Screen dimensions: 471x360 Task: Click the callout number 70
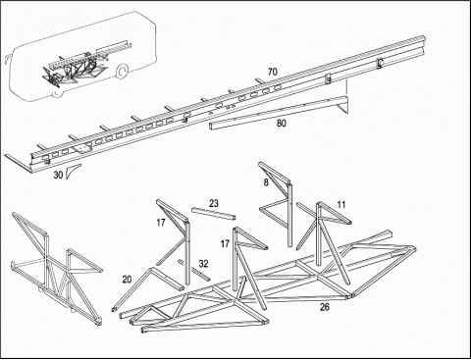[x=272, y=72]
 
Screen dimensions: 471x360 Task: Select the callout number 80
[x=282, y=124]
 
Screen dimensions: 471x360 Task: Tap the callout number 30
[x=58, y=175]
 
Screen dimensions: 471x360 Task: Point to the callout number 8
[x=266, y=182]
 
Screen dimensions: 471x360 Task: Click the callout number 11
[x=341, y=205]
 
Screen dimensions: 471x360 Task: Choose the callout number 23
[x=214, y=203]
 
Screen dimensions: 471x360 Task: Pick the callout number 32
[x=203, y=264]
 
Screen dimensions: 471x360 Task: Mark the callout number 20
[x=127, y=280]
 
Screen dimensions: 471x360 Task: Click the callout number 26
[x=325, y=307]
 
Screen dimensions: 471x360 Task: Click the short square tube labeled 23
[x=214, y=214]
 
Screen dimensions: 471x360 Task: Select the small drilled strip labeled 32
[x=193, y=270]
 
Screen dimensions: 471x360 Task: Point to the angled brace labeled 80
[x=278, y=111]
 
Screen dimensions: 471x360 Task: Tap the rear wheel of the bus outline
[x=122, y=72]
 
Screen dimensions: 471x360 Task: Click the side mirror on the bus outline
[x=7, y=61]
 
